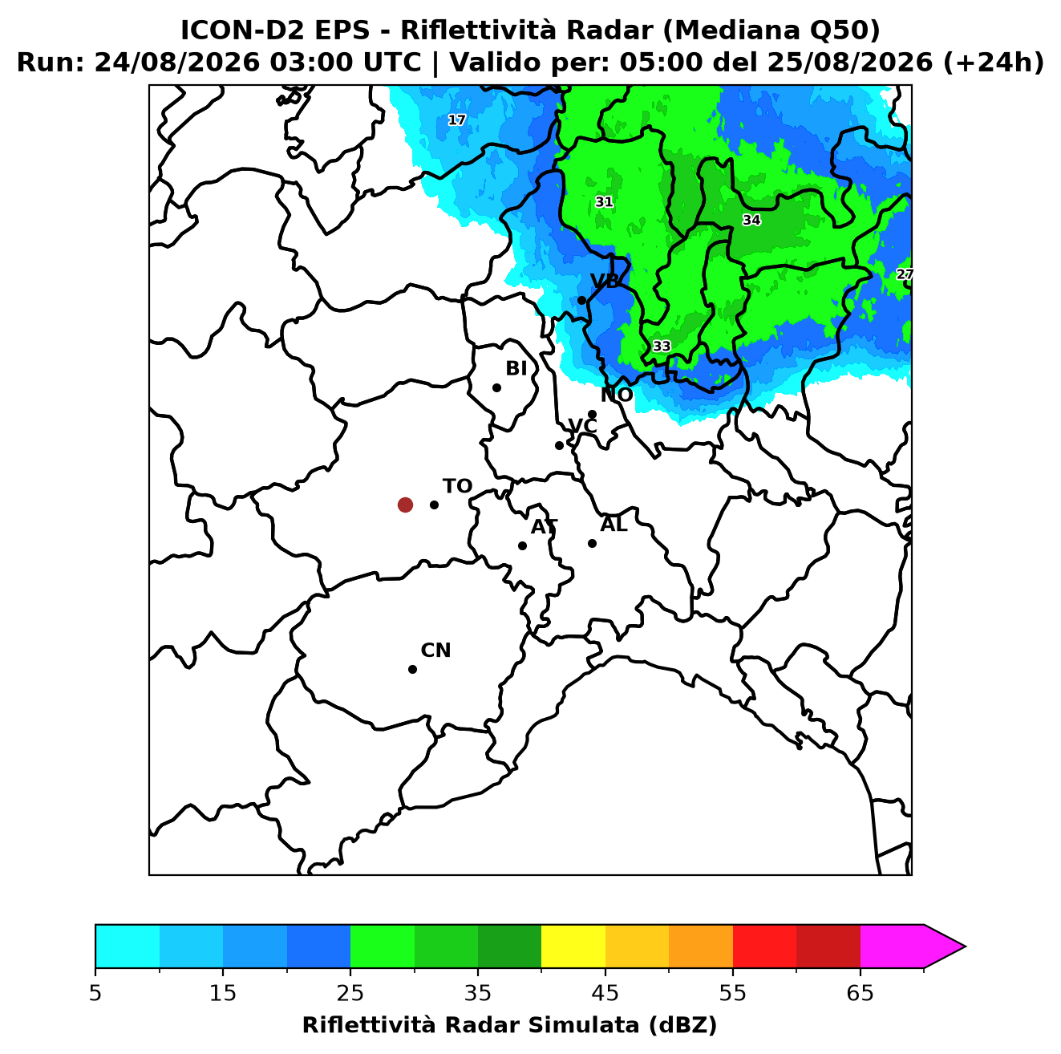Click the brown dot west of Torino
tap(405, 504)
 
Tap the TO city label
tap(457, 486)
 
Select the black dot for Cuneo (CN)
tap(412, 669)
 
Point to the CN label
tap(435, 651)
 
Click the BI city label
tap(516, 369)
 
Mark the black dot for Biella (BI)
tap(496, 388)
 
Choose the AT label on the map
tap(544, 527)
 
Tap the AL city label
tap(614, 525)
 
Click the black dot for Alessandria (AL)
tap(592, 543)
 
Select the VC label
tap(582, 426)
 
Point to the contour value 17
tap(456, 120)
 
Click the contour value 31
tap(604, 201)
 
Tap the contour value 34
tap(751, 220)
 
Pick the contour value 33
tap(662, 346)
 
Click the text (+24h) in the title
tap(993, 63)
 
